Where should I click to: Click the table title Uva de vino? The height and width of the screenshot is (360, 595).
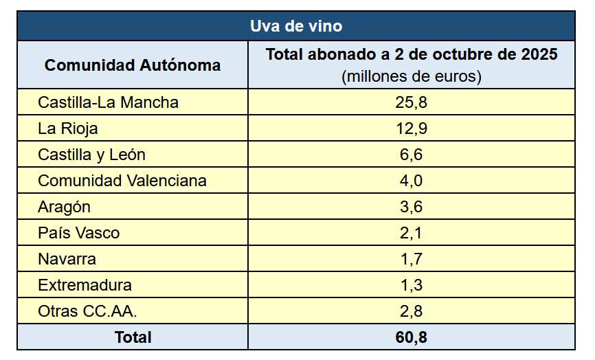click(x=296, y=26)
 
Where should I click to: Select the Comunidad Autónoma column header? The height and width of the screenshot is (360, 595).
click(x=133, y=65)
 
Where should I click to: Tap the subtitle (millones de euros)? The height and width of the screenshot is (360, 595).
click(x=412, y=76)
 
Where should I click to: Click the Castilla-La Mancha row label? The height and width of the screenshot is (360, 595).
click(x=108, y=102)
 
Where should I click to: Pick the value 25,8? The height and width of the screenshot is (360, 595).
click(x=412, y=102)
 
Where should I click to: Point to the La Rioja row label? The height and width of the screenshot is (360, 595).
click(x=68, y=128)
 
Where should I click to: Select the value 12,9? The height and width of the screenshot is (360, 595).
click(x=412, y=128)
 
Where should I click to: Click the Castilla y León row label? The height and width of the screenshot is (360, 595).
click(x=91, y=155)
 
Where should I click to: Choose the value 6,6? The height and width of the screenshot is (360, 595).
click(x=412, y=155)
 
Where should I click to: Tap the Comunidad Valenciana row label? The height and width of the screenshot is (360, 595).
click(x=122, y=181)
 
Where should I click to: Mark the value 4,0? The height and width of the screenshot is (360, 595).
click(x=412, y=181)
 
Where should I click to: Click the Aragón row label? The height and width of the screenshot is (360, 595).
click(x=65, y=207)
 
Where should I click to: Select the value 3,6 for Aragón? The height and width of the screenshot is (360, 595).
click(x=412, y=207)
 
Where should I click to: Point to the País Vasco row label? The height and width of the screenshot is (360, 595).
click(x=78, y=233)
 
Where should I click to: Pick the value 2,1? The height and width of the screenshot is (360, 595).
click(x=412, y=233)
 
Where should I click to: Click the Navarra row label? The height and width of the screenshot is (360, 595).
click(x=67, y=259)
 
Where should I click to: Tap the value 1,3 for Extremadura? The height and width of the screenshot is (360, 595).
click(x=412, y=285)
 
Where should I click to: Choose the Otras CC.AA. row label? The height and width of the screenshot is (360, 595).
click(x=87, y=311)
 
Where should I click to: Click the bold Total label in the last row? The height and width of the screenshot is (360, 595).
click(x=133, y=337)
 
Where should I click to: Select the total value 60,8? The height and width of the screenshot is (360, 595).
click(x=412, y=337)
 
